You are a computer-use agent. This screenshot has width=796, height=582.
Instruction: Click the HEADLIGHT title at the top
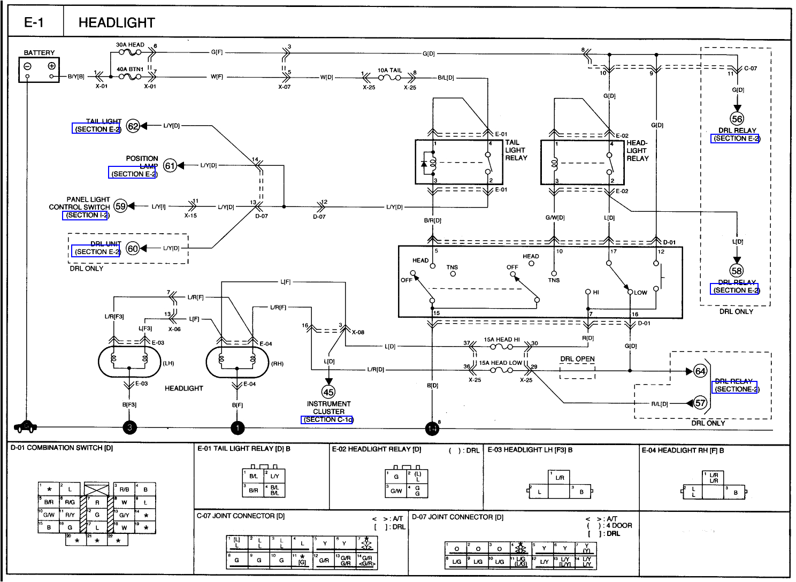[x=117, y=22]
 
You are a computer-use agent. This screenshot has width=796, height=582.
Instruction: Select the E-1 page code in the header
[x=34, y=22]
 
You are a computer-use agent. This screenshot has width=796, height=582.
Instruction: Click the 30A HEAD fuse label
[x=130, y=45]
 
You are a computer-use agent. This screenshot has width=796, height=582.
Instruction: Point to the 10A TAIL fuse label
[x=389, y=70]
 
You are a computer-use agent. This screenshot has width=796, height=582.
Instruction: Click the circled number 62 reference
[x=133, y=126]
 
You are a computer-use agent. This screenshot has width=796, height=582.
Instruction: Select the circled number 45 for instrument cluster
[x=328, y=392]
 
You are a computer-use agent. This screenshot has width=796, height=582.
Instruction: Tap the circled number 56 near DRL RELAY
[x=737, y=119]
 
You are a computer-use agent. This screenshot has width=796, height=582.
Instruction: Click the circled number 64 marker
[x=700, y=371]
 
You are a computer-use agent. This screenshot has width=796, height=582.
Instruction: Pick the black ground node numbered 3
[x=129, y=427]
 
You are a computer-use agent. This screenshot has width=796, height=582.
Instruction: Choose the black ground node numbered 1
[x=238, y=427]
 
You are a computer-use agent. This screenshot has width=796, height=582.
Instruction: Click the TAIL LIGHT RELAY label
[x=516, y=150]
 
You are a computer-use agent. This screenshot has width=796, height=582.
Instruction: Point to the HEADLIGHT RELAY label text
[x=637, y=151]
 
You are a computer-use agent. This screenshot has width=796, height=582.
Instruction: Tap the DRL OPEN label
[x=577, y=359]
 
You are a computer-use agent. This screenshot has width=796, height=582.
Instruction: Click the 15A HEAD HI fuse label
[x=501, y=340]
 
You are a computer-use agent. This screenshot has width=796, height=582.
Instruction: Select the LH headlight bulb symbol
[x=129, y=362]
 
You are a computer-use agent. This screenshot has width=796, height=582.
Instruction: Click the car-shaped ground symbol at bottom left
[x=26, y=426]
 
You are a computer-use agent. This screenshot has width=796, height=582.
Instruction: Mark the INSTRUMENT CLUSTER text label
[x=328, y=408]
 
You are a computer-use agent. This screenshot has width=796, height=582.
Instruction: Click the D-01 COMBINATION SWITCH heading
[x=62, y=448]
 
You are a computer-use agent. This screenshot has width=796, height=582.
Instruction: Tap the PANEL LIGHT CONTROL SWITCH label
[x=80, y=203]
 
